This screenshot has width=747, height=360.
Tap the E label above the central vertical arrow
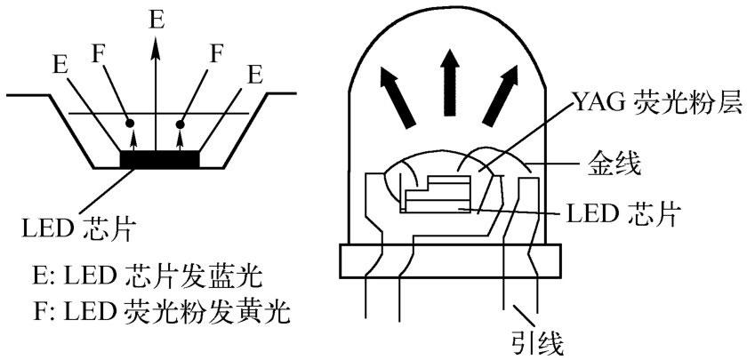pos(157,17)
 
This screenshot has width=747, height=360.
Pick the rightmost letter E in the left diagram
pos(255,74)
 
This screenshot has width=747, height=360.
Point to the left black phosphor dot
pos(131,121)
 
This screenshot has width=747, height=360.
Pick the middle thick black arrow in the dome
pos(451,81)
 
